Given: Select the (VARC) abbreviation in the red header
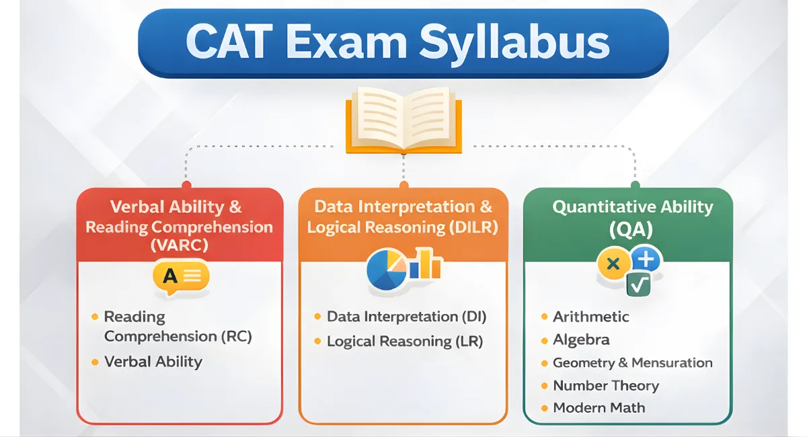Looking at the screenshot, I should [179, 245].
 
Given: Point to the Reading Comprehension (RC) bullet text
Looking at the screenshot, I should [178, 326].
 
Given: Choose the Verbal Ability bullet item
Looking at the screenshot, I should [153, 362].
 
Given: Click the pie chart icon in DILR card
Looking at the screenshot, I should [386, 269].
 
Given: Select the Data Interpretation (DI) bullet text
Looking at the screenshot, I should [406, 317].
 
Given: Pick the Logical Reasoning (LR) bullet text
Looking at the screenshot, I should [405, 342].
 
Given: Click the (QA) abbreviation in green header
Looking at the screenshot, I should [630, 231].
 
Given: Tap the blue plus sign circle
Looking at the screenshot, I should [646, 260].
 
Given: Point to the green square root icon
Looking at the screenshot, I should [638, 285].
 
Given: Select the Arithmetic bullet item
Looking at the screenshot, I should [591, 317].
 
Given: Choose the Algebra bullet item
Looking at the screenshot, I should [581, 340].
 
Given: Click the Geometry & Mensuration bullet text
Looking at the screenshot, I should [632, 363].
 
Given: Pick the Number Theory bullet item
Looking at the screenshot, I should [605, 386].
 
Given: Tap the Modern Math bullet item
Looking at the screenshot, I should [599, 408].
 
